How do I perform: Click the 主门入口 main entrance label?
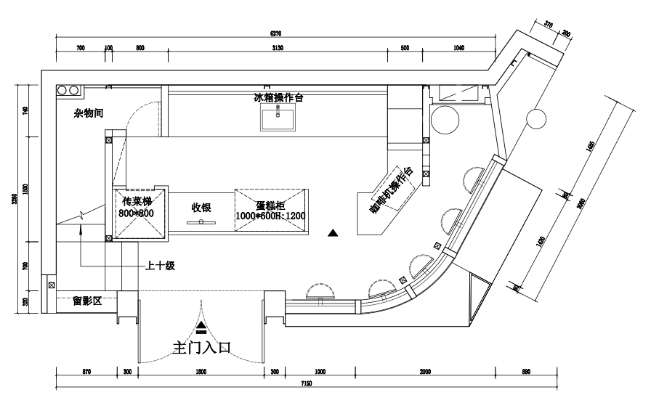coord(201,347)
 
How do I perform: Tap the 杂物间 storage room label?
coord(88,113)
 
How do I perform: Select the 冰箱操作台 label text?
coord(278,97)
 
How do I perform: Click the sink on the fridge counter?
coord(278,117)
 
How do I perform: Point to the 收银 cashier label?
coord(201,208)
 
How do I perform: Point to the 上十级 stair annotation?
coord(161,266)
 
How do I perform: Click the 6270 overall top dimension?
coord(275,33)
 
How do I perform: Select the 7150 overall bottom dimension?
coord(306,383)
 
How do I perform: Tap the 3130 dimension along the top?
coord(277,48)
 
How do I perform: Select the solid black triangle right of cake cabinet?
coord(333,233)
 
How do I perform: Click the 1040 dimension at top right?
coord(458,48)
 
